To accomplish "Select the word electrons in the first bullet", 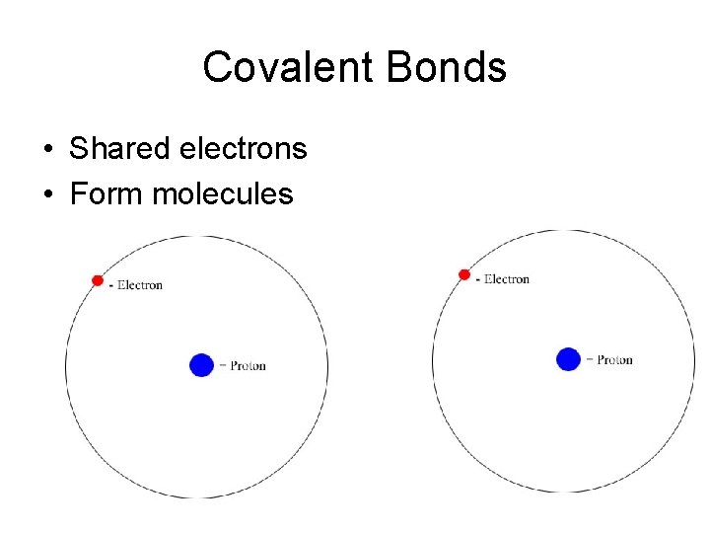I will click(x=243, y=149).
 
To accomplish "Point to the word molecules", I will click(x=222, y=193).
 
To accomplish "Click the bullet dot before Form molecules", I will click(x=47, y=194).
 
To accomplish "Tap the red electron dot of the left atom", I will click(x=97, y=280).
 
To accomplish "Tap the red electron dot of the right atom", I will click(x=464, y=274).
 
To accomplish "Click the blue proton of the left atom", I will click(x=202, y=365).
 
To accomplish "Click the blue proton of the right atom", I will click(x=568, y=359).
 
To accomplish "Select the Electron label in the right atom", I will click(x=507, y=279).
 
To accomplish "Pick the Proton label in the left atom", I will click(x=248, y=366).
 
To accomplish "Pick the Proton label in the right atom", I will click(x=614, y=360).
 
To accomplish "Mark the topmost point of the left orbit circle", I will click(x=197, y=236).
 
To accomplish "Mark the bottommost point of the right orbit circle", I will click(x=563, y=492).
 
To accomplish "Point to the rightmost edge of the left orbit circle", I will click(x=328, y=367).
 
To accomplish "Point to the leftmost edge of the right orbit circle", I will click(x=433, y=361).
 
